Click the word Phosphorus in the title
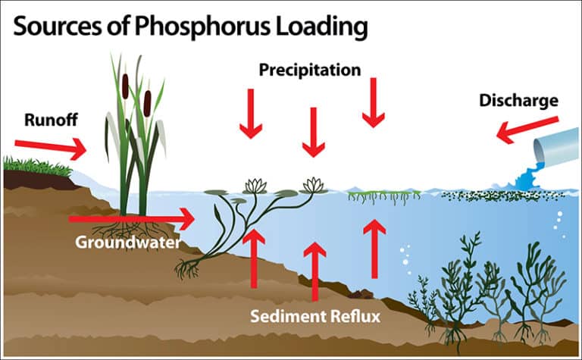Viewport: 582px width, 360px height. pyautogui.click(x=202, y=27)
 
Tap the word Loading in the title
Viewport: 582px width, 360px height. pyautogui.click(x=321, y=27)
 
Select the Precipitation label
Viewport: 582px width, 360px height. pyautogui.click(x=310, y=70)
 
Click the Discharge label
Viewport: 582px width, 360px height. pyautogui.click(x=518, y=101)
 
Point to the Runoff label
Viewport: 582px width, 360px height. pyautogui.click(x=51, y=120)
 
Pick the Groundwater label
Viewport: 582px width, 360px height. pyautogui.click(x=128, y=243)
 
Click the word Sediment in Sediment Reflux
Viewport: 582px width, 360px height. pyautogui.click(x=287, y=317)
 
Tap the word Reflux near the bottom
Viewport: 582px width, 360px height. pyautogui.click(x=355, y=317)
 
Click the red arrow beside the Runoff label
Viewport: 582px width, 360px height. pyautogui.click(x=51, y=148)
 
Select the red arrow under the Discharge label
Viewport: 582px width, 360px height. pyautogui.click(x=527, y=130)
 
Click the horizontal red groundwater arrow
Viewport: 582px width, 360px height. pyautogui.click(x=132, y=219)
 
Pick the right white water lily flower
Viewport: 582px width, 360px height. pyautogui.click(x=314, y=185)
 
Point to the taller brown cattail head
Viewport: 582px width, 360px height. pyautogui.click(x=126, y=86)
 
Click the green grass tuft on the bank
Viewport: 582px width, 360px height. pyautogui.click(x=36, y=167)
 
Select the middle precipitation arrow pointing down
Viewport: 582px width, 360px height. pyautogui.click(x=314, y=132)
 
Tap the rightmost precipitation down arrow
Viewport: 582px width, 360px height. pyautogui.click(x=374, y=102)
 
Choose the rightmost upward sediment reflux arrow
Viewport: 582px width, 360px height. pyautogui.click(x=374, y=249)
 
